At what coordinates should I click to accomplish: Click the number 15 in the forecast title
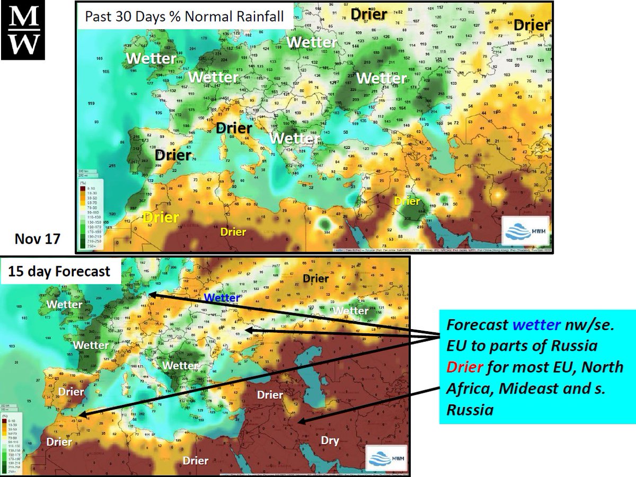[x=16, y=272]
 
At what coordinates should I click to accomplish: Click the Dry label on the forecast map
[x=330, y=440]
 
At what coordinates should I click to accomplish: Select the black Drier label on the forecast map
[x=316, y=278]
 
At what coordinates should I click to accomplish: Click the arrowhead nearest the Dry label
[x=301, y=422]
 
